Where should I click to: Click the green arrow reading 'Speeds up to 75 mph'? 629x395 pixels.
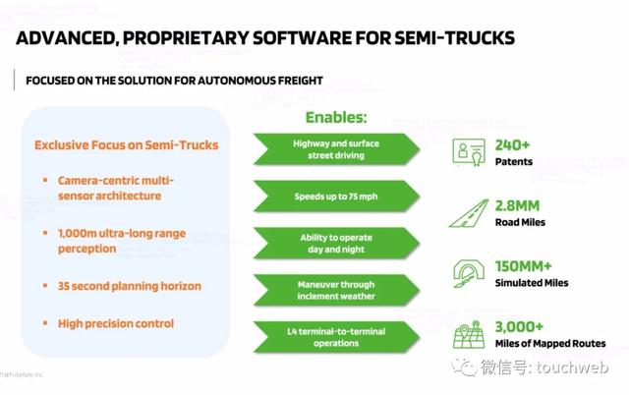(x=336, y=197)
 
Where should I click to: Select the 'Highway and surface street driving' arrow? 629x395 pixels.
(x=336, y=149)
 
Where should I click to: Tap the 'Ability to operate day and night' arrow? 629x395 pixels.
(x=336, y=243)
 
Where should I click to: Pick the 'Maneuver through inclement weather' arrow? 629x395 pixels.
(x=336, y=290)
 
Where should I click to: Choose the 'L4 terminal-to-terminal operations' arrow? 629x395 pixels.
(x=336, y=337)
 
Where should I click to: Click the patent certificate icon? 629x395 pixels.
(x=469, y=152)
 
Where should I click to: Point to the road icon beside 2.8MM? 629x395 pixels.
(x=469, y=213)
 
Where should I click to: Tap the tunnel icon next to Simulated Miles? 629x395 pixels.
(x=468, y=273)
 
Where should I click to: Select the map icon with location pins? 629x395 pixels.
(x=469, y=334)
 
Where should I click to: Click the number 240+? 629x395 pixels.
(x=512, y=145)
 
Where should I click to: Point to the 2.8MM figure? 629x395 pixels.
(x=517, y=205)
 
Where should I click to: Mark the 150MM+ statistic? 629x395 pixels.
(x=524, y=266)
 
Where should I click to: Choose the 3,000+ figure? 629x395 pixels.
(x=519, y=327)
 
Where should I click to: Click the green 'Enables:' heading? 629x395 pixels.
(x=336, y=117)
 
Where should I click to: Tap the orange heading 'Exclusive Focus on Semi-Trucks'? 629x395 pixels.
(x=127, y=144)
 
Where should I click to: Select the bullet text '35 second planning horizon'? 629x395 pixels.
(x=130, y=286)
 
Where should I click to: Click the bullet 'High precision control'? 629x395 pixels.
(x=116, y=323)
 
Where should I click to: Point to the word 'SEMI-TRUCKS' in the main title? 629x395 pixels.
(x=454, y=37)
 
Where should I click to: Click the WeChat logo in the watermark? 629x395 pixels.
(x=464, y=367)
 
